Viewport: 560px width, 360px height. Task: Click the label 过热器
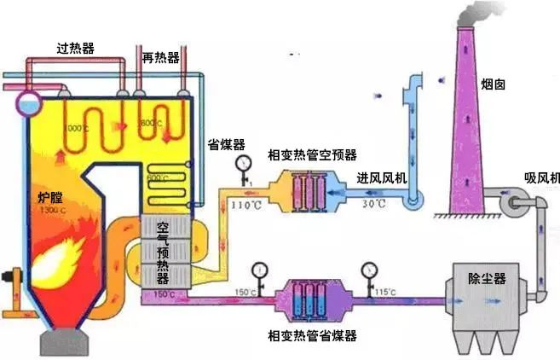74,48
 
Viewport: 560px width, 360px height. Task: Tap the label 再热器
162,58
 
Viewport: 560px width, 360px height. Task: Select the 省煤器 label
226,145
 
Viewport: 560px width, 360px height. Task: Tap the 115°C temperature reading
385,293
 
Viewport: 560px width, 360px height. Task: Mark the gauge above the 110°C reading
245,164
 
